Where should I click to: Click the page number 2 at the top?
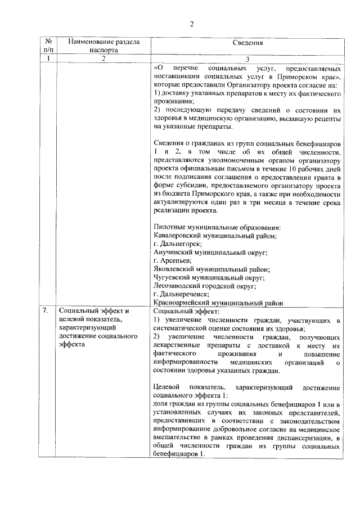pos(191,23)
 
